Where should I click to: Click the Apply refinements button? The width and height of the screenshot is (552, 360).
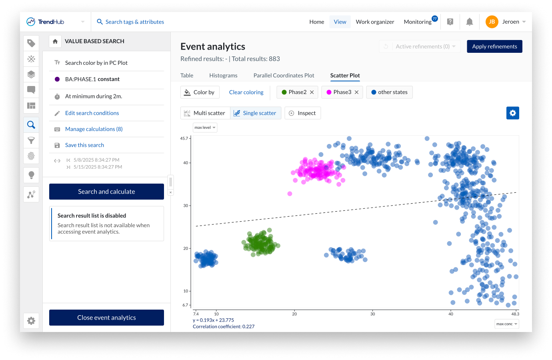494,46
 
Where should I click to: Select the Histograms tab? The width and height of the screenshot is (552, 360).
223,76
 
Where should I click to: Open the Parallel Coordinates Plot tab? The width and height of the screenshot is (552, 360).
284,76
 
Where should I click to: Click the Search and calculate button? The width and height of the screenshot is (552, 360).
106,192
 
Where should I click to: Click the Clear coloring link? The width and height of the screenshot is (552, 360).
246,92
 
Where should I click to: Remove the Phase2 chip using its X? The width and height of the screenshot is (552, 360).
312,92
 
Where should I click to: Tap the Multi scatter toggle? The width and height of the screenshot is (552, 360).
205,113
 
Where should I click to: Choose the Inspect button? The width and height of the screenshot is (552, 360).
302,113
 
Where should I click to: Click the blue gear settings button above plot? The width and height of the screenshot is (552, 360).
512,113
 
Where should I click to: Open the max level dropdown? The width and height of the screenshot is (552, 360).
205,128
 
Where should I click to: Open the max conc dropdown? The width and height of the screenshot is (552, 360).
507,324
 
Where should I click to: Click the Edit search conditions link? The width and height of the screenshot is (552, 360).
92,113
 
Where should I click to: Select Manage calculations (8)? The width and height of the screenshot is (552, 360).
94,129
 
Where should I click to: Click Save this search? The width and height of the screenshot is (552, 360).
84,145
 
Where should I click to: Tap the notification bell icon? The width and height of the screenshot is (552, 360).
470,22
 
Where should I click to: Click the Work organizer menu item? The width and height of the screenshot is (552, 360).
375,22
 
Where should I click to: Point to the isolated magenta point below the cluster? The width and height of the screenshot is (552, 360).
290,194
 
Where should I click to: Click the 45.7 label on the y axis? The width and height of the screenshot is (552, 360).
184,138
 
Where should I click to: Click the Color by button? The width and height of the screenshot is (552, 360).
200,92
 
